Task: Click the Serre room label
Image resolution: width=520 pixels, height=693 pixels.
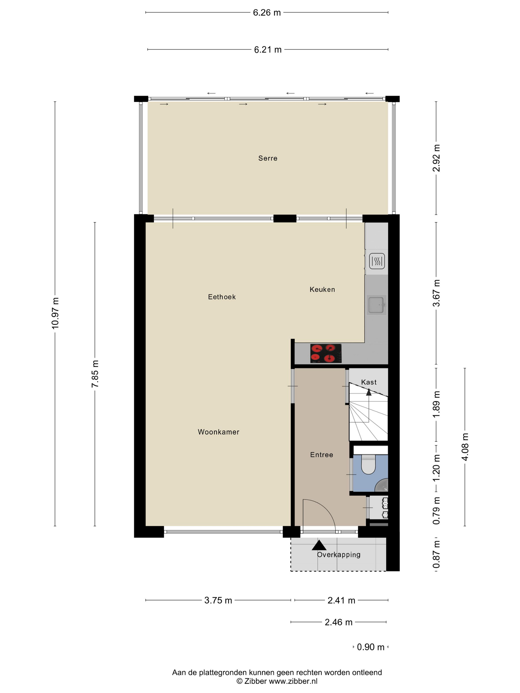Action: coord(268,158)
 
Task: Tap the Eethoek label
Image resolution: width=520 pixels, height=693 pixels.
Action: coord(222,297)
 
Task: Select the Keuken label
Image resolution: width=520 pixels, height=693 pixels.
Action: coord(322,290)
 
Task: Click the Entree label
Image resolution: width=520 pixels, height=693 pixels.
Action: coord(322,455)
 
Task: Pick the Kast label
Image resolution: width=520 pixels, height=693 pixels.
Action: coord(369,382)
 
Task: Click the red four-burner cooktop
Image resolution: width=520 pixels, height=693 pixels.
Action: coord(326,353)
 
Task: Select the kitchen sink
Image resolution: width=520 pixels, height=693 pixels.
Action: coord(376,305)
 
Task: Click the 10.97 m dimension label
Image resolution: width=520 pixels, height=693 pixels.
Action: coord(55,313)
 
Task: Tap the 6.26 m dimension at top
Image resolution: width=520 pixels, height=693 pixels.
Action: coord(267,13)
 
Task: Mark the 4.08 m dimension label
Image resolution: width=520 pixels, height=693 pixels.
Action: coord(465,447)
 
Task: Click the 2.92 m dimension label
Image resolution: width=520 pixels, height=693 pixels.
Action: coord(436,158)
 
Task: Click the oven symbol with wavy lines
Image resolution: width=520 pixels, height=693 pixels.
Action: coord(377,261)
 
